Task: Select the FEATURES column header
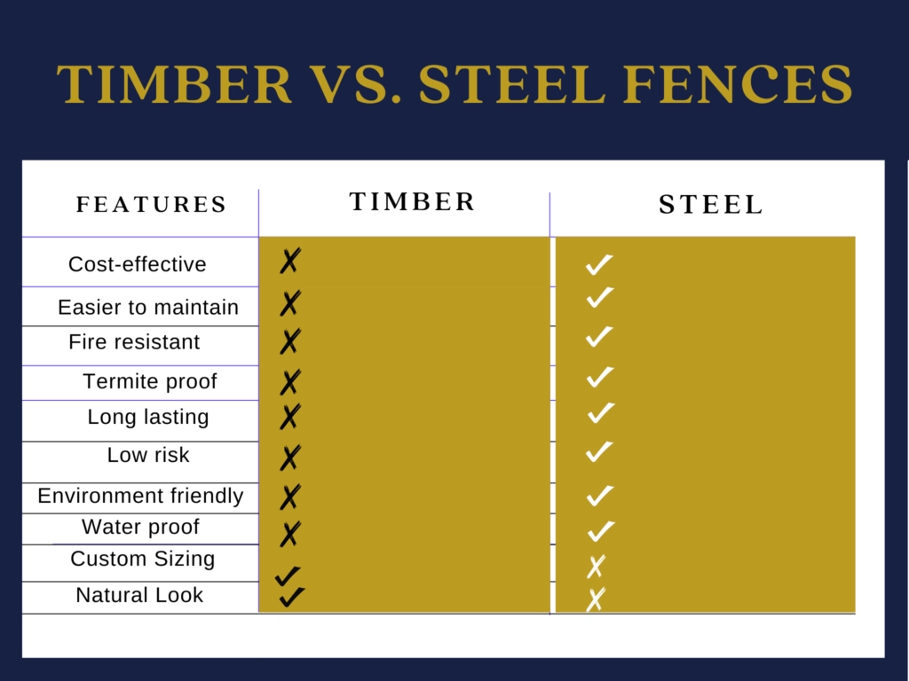[x=152, y=205]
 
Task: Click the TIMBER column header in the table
[x=413, y=202]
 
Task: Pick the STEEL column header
[x=711, y=206]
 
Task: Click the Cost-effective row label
[x=138, y=264]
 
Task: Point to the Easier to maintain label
[x=148, y=308]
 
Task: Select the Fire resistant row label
[x=135, y=342]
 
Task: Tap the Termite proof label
[x=150, y=382]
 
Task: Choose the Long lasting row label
[x=148, y=417]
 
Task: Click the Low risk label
[x=148, y=455]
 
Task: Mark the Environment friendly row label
[x=140, y=496]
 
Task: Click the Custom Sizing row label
[x=143, y=559]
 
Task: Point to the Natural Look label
[x=139, y=595]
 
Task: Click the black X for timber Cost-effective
[x=289, y=262]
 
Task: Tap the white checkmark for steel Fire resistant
[x=599, y=337]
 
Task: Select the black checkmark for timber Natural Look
[x=291, y=597]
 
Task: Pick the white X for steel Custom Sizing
[x=595, y=566]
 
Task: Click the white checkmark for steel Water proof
[x=601, y=531]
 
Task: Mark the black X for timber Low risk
[x=290, y=458]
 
